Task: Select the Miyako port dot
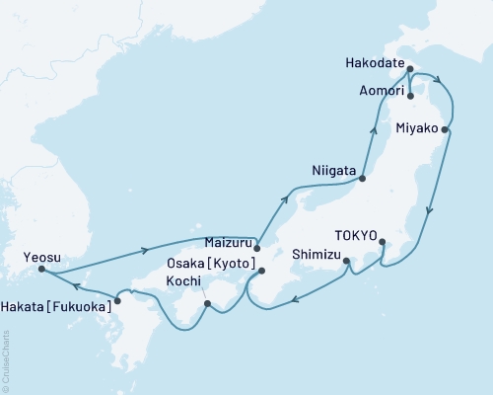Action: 446,129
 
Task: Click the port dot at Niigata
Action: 363,179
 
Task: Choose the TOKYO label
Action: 356,236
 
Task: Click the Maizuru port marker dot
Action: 256,248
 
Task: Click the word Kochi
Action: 184,282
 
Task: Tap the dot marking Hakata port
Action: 117,300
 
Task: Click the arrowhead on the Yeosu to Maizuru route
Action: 147,250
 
